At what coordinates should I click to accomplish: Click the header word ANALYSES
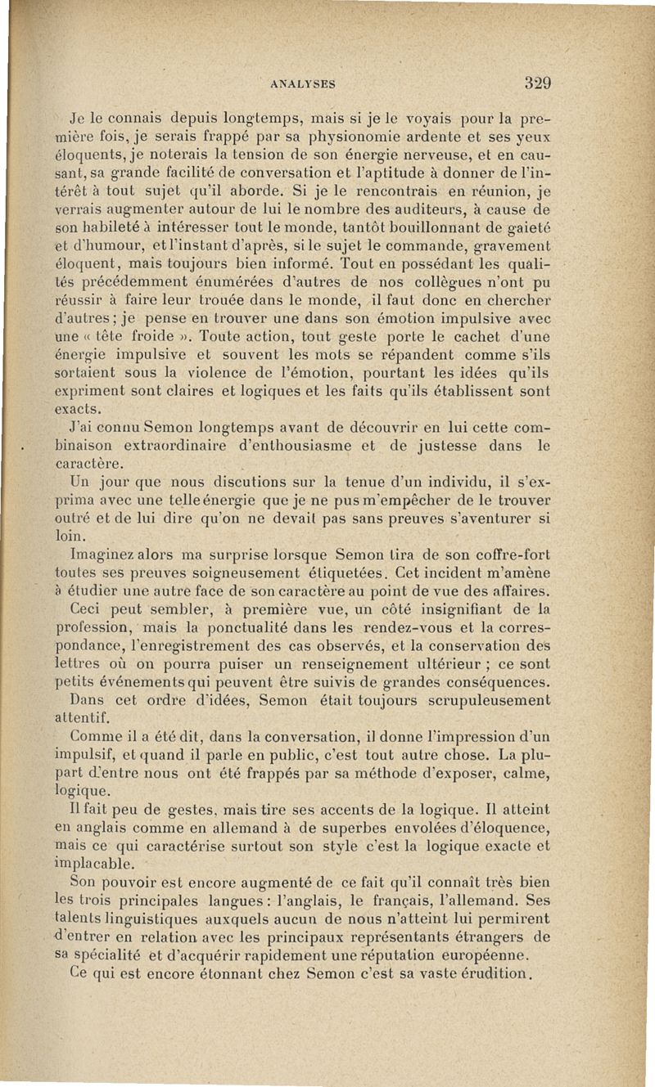(306, 83)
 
